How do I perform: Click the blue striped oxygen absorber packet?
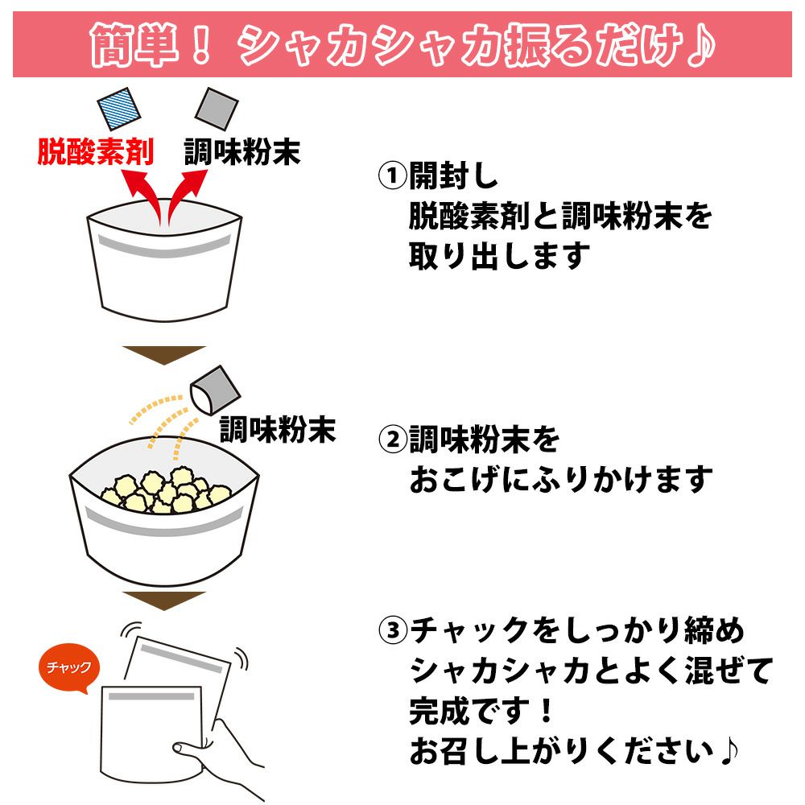tap(118, 109)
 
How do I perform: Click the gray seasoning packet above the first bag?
tap(217, 109)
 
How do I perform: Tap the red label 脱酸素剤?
tap(96, 151)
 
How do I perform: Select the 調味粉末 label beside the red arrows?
tap(242, 151)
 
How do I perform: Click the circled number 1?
tap(392, 175)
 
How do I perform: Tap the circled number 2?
tap(392, 440)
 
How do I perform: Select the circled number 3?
tap(392, 630)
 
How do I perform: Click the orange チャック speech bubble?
tap(68, 667)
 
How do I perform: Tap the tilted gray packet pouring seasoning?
tap(215, 390)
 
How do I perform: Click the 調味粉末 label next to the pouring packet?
tap(278, 429)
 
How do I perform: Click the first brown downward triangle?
tap(164, 354)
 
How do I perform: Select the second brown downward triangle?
tap(164, 601)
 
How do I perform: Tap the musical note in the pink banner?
tap(701, 45)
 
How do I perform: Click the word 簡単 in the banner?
tap(134, 45)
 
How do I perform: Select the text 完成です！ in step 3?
tap(481, 711)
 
